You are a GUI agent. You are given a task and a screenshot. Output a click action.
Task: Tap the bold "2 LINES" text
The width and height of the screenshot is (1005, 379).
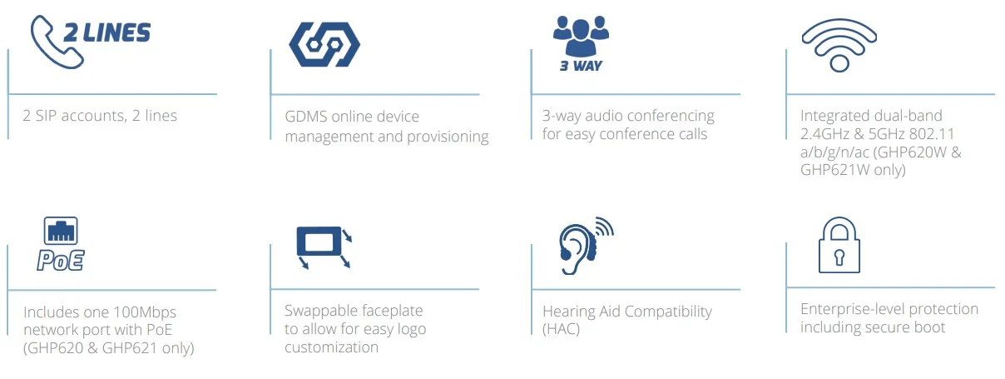pyautogui.click(x=107, y=32)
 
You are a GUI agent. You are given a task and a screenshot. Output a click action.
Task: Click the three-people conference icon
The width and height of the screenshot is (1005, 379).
pyautogui.click(x=581, y=32)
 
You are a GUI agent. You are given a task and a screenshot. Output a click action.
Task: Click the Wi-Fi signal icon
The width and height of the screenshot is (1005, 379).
pyautogui.click(x=839, y=43)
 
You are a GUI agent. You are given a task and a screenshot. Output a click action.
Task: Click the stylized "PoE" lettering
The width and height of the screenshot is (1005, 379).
pyautogui.click(x=61, y=259)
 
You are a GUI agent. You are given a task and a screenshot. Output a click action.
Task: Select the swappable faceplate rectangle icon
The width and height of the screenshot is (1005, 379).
pyautogui.click(x=319, y=242)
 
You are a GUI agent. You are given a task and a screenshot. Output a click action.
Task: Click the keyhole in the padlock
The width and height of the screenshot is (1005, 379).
pyautogui.click(x=839, y=257)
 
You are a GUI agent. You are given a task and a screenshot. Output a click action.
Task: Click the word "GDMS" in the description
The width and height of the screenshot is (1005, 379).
pyautogui.click(x=305, y=117)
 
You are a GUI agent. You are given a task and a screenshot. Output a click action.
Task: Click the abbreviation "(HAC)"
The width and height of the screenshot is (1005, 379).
pyautogui.click(x=561, y=329)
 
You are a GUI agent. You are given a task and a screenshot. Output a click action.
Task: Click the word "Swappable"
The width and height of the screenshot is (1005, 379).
pyautogui.click(x=320, y=311)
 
